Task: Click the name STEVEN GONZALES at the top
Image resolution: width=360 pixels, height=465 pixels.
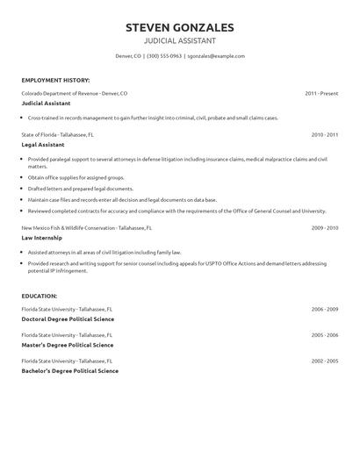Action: (179, 27)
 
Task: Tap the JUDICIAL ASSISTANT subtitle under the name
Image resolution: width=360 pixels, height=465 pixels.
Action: (179, 41)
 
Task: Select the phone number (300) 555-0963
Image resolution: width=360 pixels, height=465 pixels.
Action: (164, 56)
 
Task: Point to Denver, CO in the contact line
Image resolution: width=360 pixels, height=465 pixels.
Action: (128, 56)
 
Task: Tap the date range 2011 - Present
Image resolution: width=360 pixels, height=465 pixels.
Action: (321, 92)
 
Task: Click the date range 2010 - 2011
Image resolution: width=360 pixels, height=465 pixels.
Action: (324, 134)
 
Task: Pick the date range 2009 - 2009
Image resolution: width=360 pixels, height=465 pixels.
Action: (324, 227)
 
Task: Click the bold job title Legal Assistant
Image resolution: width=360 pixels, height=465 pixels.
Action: (43, 145)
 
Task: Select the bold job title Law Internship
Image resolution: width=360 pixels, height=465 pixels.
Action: (42, 238)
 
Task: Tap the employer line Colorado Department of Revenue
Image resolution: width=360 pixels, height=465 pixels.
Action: (74, 92)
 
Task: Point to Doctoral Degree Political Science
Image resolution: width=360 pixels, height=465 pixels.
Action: (68, 319)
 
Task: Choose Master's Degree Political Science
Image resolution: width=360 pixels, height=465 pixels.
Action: (67, 345)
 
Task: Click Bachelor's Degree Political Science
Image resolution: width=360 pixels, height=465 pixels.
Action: (69, 370)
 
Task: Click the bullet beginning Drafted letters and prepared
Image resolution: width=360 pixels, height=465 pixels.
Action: (81, 189)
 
